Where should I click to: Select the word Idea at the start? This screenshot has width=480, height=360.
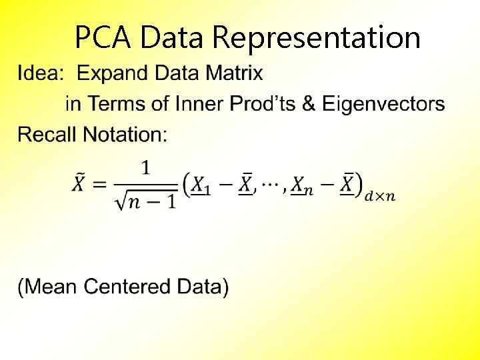pos(39,73)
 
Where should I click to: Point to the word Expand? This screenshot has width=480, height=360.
pos(114,74)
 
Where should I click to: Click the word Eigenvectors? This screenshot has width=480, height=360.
pos(383,104)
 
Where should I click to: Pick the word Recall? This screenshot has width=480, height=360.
pos(47,135)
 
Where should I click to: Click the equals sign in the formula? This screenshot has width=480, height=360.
pos(100,185)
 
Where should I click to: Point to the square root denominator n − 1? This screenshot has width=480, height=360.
pos(146,201)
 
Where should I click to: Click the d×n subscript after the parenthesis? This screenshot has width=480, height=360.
pos(381,196)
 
